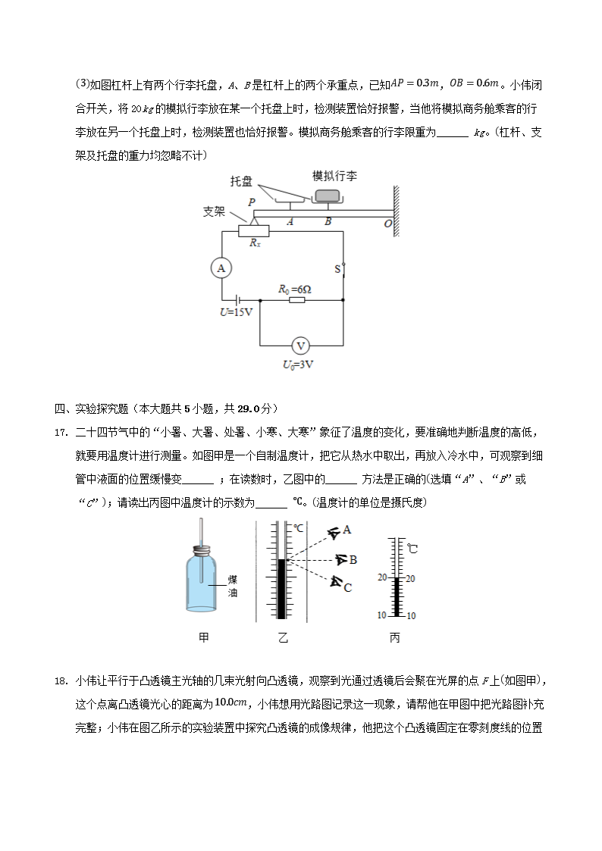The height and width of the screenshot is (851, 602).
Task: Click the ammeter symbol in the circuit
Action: [221, 268]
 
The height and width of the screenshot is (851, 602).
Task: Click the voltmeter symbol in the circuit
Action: [301, 346]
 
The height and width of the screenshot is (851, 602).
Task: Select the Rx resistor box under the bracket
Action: [254, 230]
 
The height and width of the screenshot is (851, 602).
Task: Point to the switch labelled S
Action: [343, 269]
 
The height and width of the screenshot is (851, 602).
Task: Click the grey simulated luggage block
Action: [328, 196]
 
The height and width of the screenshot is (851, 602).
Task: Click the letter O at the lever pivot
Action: [387, 224]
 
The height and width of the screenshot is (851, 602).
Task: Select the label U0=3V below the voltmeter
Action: [299, 364]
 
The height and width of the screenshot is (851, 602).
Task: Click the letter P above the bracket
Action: [251, 202]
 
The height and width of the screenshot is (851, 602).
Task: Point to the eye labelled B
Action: [342, 560]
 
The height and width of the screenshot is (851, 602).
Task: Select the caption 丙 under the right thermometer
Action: [394, 638]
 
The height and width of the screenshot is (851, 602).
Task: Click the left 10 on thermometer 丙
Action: [382, 615]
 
